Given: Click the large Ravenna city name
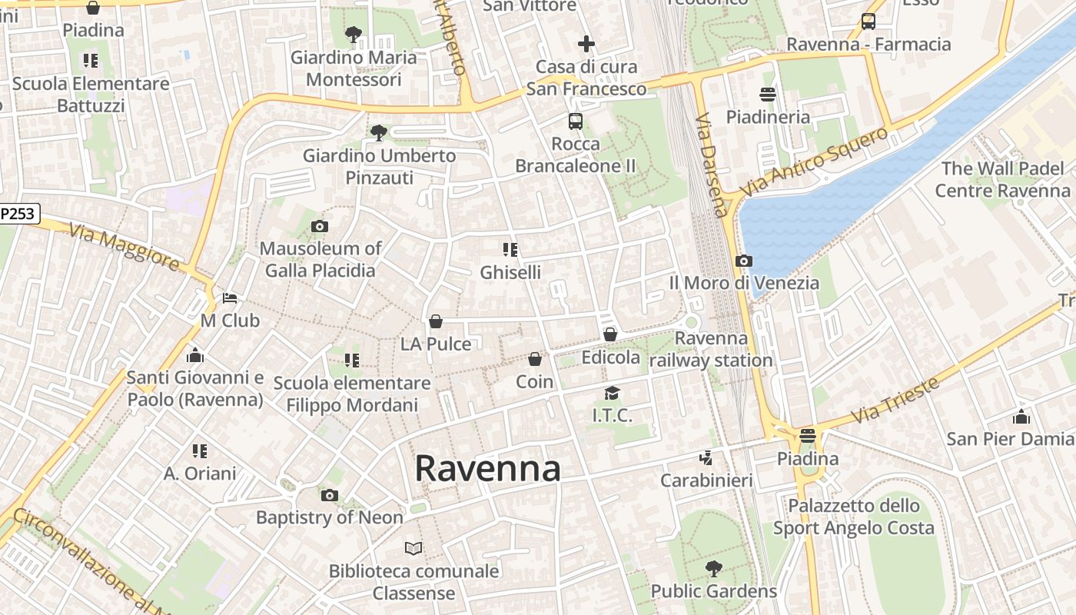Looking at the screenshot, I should tap(487, 468).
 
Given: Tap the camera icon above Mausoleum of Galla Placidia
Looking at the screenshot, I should tap(320, 226).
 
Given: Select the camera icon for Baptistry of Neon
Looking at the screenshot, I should tap(330, 495).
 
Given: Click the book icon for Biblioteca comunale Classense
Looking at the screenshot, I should tap(413, 548).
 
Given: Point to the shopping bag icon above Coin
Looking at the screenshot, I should tap(535, 359).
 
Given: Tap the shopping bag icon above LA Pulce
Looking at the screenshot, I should tap(436, 321).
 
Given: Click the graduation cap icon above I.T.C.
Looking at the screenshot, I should tap(612, 394).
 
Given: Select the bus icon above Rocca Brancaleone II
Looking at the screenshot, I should tap(575, 121).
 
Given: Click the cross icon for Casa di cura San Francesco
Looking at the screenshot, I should tap(586, 44).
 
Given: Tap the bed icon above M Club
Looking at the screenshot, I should tap(230, 298).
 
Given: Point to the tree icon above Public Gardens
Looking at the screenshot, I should tap(714, 569).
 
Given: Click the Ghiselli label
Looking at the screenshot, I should tap(510, 272).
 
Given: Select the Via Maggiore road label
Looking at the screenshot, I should tap(124, 247).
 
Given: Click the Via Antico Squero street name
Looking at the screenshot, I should tap(813, 161).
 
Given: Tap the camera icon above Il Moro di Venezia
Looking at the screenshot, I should tap(743, 261).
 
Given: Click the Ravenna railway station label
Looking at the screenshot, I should tap(711, 349).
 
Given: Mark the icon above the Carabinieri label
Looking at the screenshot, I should tap(706, 458).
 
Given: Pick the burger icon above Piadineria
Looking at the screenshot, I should tap(767, 95).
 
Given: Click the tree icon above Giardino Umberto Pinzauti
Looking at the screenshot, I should tap(378, 133).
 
